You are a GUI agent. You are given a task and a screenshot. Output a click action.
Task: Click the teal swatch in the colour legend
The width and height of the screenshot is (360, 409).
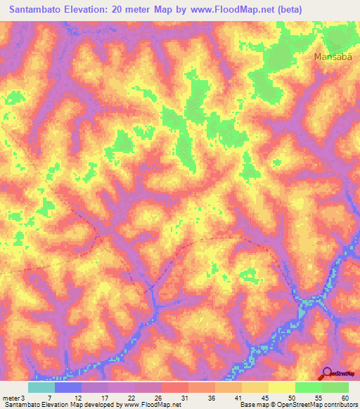[41, 387]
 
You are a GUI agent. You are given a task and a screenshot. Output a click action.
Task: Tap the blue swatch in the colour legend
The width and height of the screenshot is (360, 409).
[68, 387]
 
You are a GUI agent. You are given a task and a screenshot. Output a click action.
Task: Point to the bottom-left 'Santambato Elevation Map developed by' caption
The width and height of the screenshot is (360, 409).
[63, 405]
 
